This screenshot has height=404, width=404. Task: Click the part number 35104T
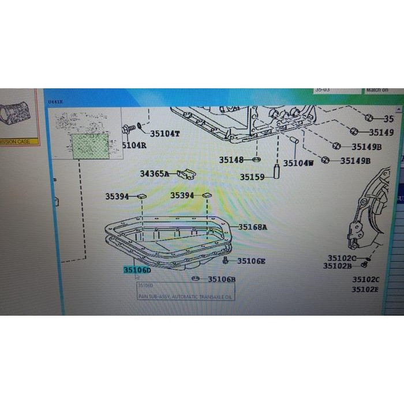click(165, 134)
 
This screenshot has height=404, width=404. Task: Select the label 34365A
click(155, 173)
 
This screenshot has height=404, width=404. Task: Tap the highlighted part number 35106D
click(136, 270)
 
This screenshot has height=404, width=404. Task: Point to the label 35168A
click(253, 227)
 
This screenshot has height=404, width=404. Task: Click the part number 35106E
click(251, 261)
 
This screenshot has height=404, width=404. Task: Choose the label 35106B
click(222, 279)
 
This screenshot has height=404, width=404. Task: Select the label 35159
click(252, 177)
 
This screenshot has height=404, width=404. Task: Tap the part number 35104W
click(298, 163)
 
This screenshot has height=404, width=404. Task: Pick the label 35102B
click(338, 266)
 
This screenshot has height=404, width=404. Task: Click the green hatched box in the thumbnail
click(85, 145)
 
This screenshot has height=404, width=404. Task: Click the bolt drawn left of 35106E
click(227, 261)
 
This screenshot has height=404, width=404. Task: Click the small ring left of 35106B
click(196, 279)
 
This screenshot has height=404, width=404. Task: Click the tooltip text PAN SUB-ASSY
click(185, 296)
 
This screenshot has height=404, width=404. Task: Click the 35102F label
click(365, 289)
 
